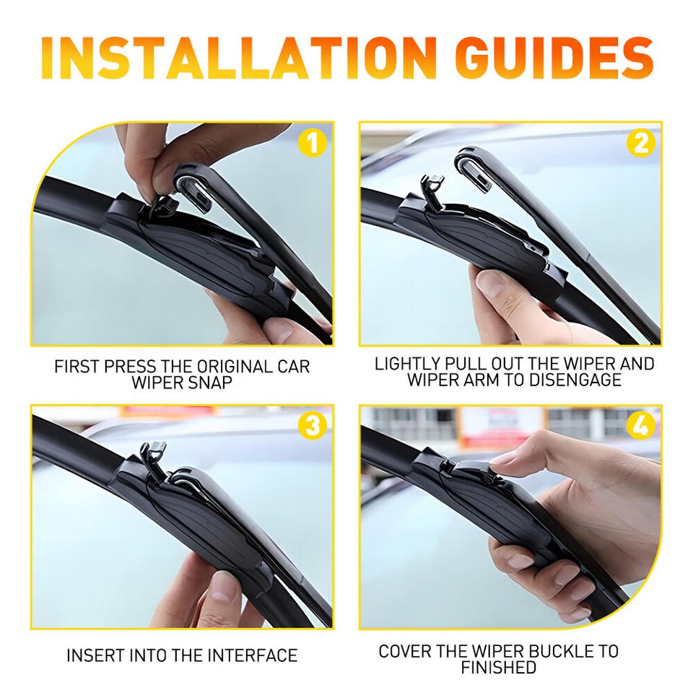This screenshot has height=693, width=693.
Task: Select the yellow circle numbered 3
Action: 312,426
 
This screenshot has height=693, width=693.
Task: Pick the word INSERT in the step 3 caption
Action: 97,655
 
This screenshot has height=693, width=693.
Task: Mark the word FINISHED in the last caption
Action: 499,668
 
